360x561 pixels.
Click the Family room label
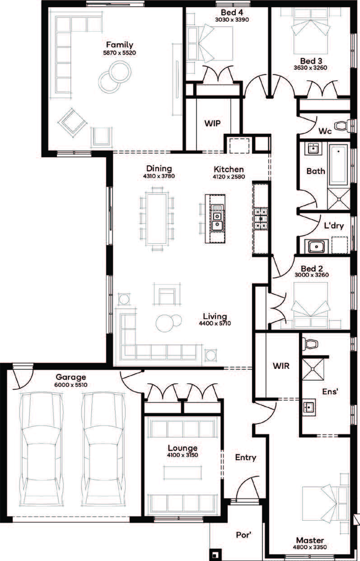(120, 45)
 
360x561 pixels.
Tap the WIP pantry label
(212, 123)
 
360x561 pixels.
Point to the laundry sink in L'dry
(316, 246)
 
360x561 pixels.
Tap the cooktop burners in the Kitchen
(261, 218)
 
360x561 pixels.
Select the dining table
(157, 218)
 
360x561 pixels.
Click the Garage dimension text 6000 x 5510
(71, 385)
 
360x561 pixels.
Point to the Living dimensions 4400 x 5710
(215, 323)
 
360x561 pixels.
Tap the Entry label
(246, 457)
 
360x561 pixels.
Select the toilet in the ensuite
(310, 344)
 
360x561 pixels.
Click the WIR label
(281, 366)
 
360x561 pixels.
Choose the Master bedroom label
(310, 540)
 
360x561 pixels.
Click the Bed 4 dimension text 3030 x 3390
(232, 19)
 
